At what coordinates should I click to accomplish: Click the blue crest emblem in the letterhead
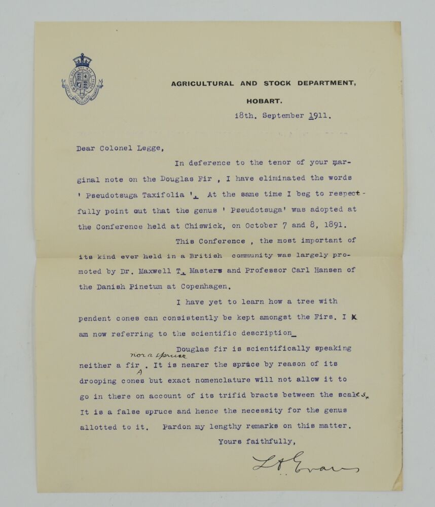pos(82,80)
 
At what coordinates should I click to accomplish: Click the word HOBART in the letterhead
pos(261,101)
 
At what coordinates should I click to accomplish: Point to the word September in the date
pos(283,116)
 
